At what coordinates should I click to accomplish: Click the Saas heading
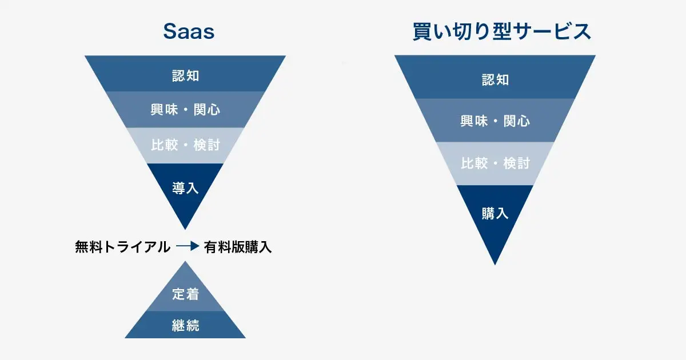pos(189,32)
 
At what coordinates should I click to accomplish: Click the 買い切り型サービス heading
pos(501,32)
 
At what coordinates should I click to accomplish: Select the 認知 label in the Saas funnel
pos(185,75)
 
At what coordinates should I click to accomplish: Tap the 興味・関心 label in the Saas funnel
pos(185,110)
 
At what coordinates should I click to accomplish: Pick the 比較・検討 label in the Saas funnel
pos(185,145)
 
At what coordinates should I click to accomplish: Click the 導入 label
pos(185,188)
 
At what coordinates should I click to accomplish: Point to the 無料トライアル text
pos(122,247)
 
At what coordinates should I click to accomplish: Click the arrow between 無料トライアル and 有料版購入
pos(187,247)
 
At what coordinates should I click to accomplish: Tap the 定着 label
pos(185,294)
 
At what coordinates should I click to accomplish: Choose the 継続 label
pos(185,325)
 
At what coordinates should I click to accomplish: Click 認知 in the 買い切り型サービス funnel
pos(495,79)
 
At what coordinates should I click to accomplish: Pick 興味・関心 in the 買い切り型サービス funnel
pos(495,121)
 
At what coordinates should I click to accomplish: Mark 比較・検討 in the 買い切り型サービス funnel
pos(495,163)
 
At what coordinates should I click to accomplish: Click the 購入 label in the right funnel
pos(495,213)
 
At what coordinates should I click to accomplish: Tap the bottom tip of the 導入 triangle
pos(185,229)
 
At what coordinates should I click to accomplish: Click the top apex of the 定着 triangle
pos(185,263)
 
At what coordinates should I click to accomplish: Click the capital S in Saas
pos(169,32)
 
